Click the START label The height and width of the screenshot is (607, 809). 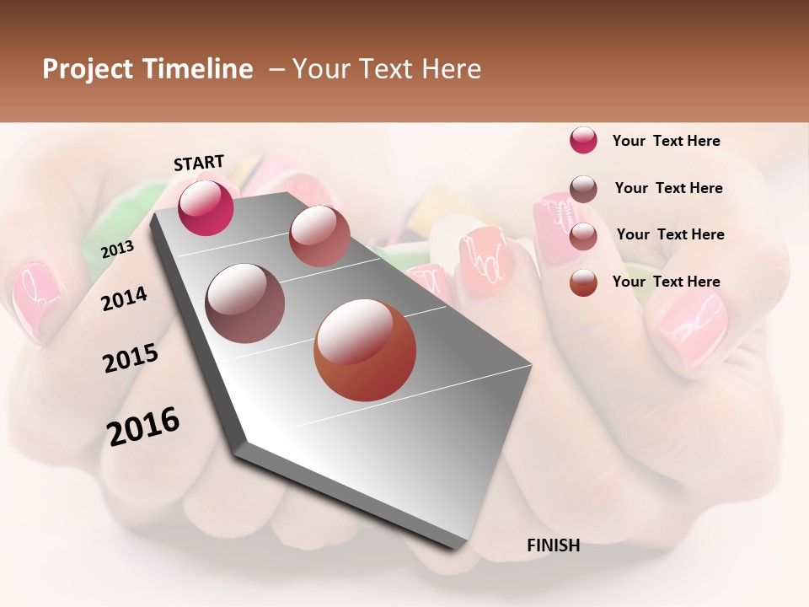tap(199, 163)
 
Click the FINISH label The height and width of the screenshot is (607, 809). tap(553, 545)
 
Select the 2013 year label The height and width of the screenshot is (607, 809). tap(117, 249)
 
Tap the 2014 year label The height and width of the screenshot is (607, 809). tap(125, 298)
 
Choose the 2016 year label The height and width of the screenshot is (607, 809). tap(143, 427)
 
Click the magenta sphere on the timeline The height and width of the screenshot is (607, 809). tap(206, 207)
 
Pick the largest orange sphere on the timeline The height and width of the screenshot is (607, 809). tap(365, 351)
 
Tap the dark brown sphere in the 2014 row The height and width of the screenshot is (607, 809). tap(245, 303)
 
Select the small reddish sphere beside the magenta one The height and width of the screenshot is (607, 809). tap(319, 235)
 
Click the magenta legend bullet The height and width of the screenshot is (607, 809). tap(583, 141)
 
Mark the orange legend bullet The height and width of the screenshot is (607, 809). tap(583, 282)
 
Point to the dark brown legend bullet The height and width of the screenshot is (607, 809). tap(583, 189)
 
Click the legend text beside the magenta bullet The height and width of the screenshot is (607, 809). tap(666, 141)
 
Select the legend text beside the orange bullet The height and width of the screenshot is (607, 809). tap(666, 282)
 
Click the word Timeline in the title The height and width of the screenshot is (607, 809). tap(199, 69)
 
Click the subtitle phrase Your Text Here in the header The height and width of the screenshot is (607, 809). tap(387, 69)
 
